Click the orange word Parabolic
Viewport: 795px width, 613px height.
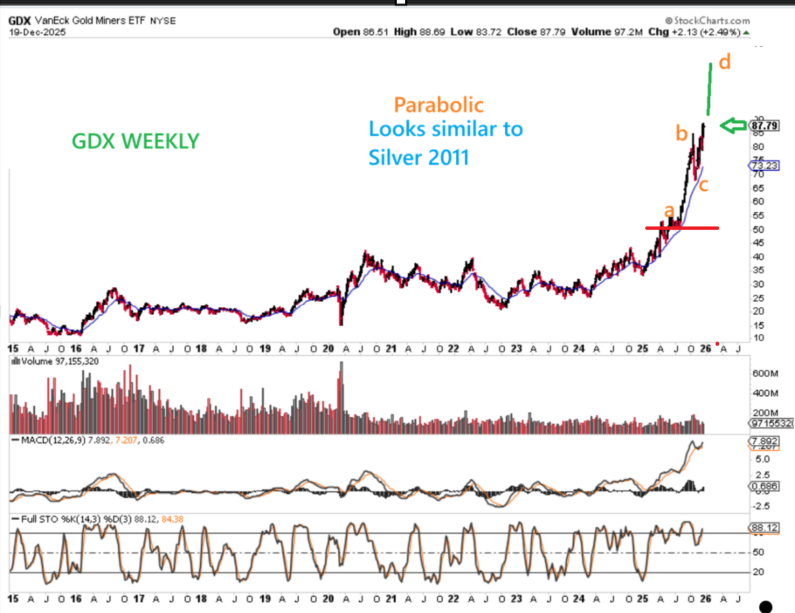[438, 104]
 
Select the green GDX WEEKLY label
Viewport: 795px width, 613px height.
[135, 141]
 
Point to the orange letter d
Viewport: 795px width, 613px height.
[724, 62]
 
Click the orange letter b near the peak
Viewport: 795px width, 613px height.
[681, 133]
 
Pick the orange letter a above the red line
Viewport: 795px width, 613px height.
[668, 210]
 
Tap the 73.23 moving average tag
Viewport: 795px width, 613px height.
[763, 166]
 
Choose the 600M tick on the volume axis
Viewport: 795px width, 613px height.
[764, 373]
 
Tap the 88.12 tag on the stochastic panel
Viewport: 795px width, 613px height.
[763, 528]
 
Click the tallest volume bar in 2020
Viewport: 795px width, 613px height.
[341, 387]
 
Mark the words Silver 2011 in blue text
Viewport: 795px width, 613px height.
[418, 157]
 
